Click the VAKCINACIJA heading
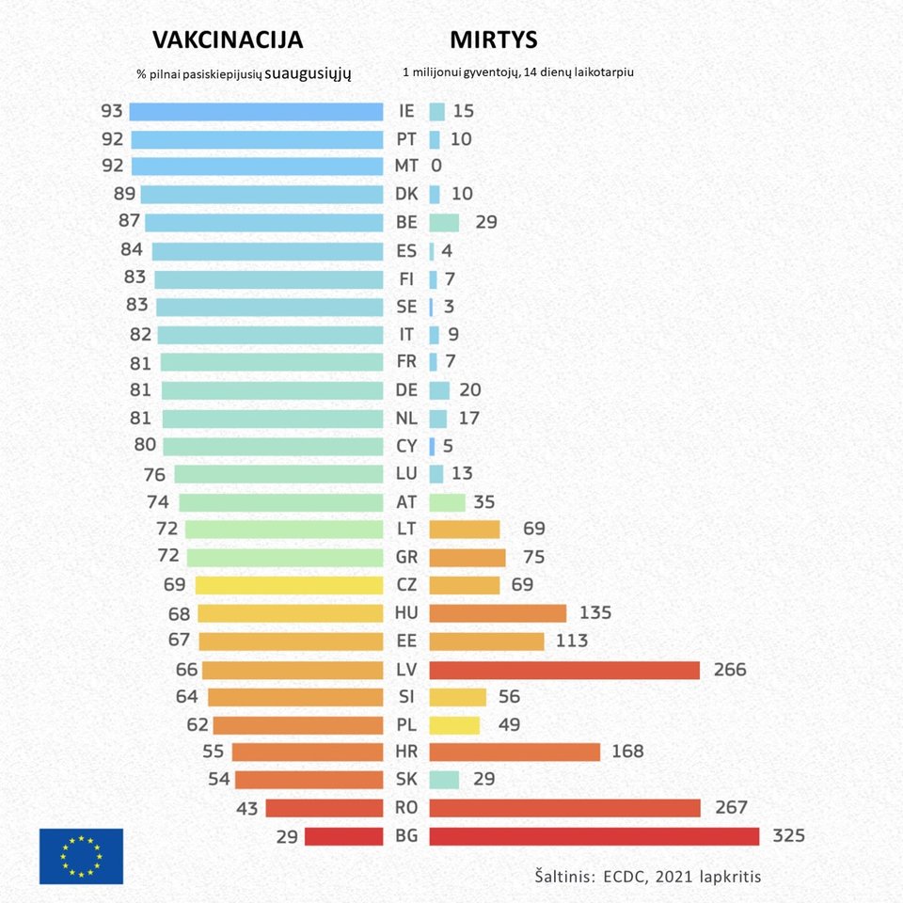(228, 40)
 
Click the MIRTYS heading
(493, 40)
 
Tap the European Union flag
(81, 856)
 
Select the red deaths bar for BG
(594, 836)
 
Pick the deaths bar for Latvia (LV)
(564, 670)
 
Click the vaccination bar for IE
(256, 111)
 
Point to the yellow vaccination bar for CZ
(289, 585)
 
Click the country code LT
(406, 530)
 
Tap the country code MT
(406, 166)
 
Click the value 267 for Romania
(731, 808)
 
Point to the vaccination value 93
(112, 111)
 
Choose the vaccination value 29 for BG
(288, 836)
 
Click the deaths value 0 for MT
(436, 166)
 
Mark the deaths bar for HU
(498, 613)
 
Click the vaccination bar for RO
(324, 808)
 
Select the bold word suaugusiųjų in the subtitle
(308, 71)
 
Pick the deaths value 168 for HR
(627, 752)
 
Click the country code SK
(406, 780)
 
